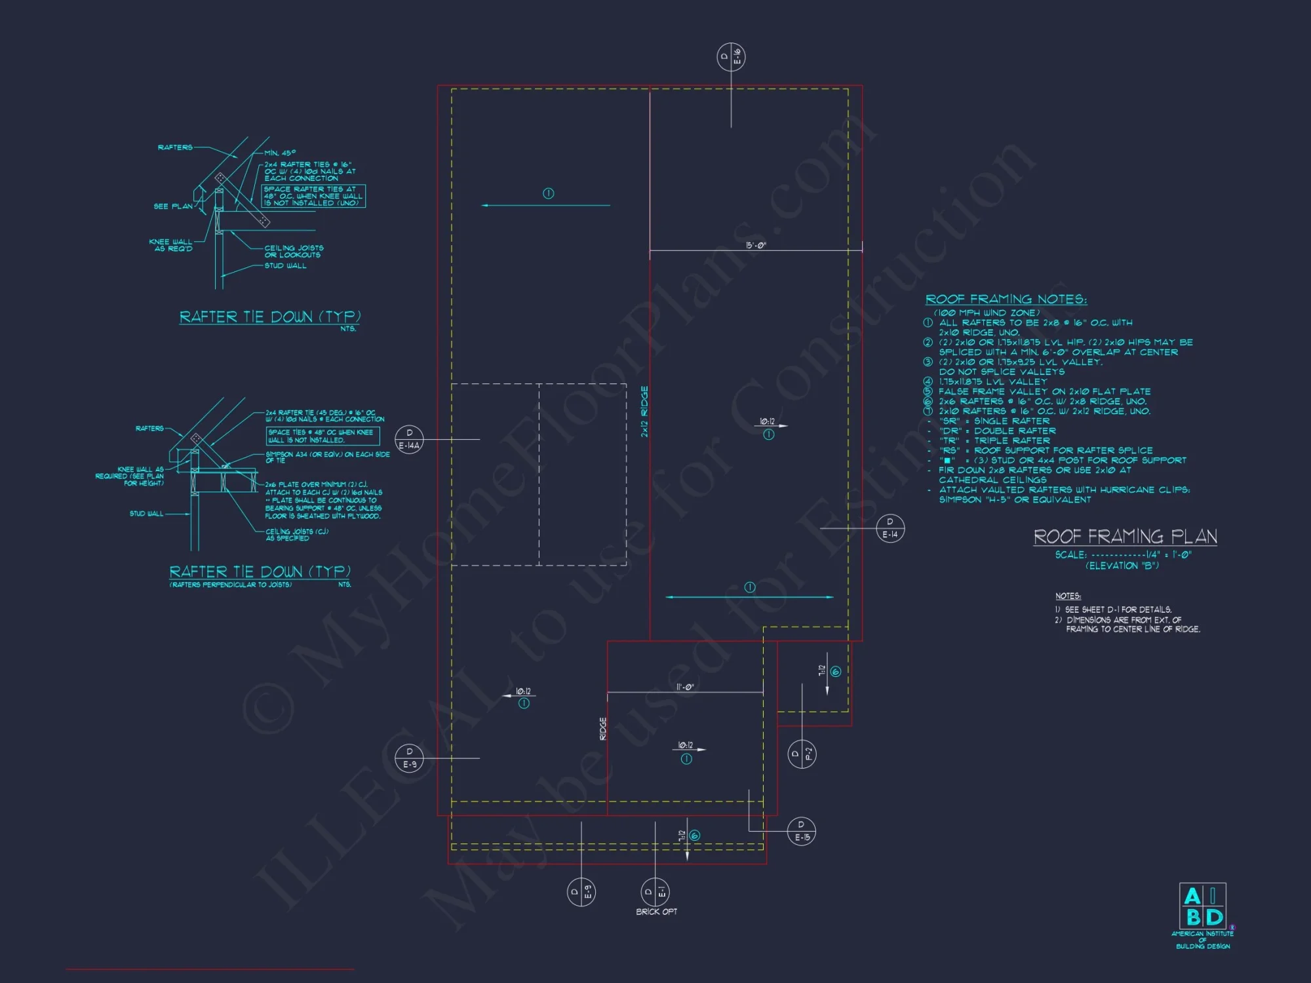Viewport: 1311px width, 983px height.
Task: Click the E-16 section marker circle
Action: click(731, 57)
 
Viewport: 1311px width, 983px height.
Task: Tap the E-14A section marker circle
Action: click(409, 439)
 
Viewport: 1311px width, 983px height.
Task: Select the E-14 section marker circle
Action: click(890, 528)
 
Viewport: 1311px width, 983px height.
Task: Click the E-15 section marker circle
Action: click(802, 831)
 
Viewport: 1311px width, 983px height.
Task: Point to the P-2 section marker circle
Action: click(802, 754)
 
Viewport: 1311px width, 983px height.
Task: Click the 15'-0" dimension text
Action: click(756, 245)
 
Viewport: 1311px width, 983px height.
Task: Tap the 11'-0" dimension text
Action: click(684, 687)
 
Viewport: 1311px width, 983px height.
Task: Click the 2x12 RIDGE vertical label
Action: click(644, 412)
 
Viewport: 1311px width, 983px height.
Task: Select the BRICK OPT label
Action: click(656, 912)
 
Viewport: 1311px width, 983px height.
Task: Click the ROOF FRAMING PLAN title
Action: click(1125, 537)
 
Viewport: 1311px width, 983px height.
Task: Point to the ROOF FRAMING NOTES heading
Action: click(1006, 299)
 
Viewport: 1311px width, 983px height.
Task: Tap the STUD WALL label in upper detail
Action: click(285, 266)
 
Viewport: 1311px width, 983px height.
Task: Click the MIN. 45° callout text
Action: click(280, 153)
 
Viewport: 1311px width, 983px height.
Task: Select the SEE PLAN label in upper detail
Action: click(173, 206)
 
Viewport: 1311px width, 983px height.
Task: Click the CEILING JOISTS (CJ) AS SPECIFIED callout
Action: click(296, 535)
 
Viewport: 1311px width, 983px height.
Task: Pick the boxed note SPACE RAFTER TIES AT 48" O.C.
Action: click(313, 196)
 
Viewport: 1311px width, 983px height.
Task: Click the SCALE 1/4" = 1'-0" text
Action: click(1123, 554)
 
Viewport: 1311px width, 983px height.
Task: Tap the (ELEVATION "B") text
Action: click(1122, 566)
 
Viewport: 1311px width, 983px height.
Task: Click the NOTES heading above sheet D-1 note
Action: click(1068, 596)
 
